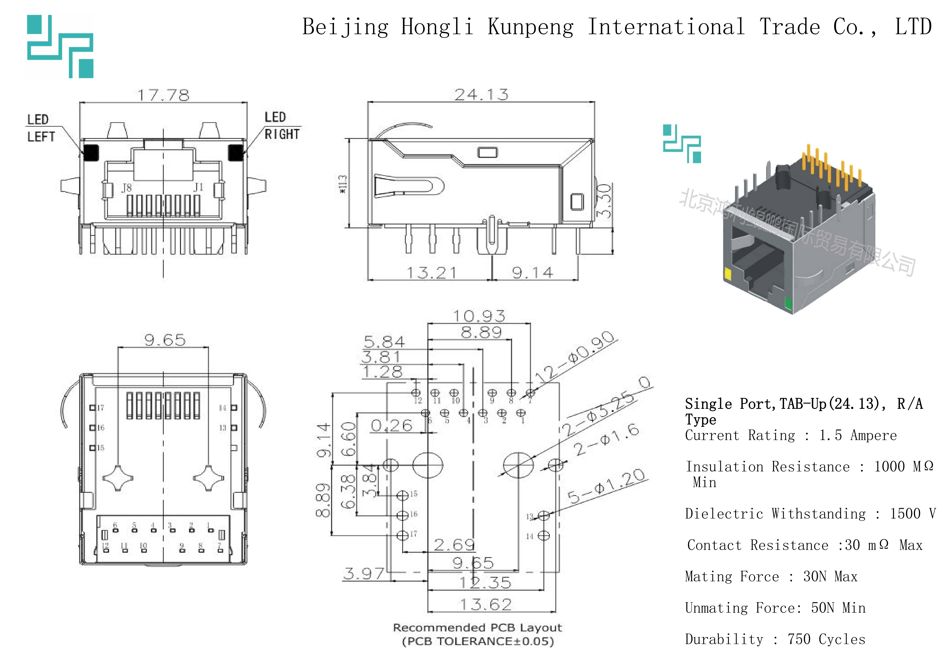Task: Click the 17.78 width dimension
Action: point(163,96)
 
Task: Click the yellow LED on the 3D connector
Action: point(727,274)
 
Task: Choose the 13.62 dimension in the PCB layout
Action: point(486,604)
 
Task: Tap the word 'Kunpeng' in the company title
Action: point(530,27)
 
